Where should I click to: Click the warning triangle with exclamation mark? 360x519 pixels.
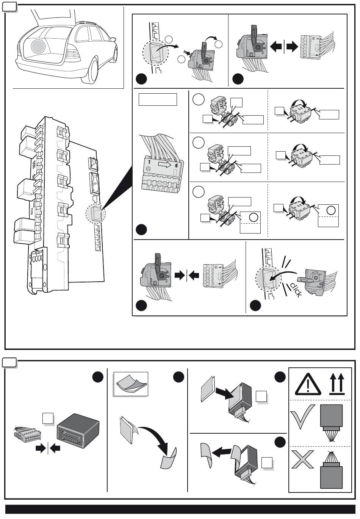click(x=308, y=384)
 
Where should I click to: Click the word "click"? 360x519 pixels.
click(x=296, y=290)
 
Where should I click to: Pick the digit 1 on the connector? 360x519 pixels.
click(x=150, y=162)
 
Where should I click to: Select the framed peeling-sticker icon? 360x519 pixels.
click(x=131, y=384)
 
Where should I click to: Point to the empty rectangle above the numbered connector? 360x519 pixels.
click(x=158, y=100)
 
